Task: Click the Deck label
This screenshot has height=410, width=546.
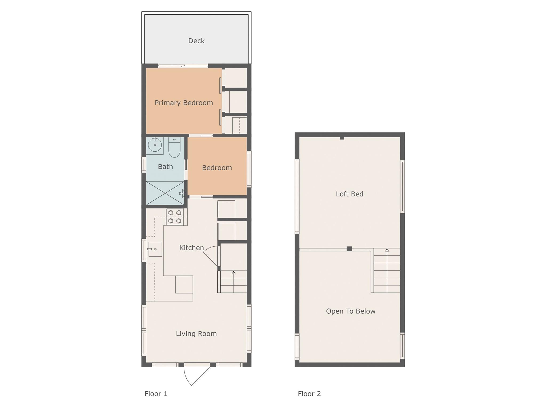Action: click(x=196, y=41)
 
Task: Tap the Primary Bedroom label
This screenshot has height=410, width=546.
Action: click(x=184, y=103)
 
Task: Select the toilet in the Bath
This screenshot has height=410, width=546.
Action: click(x=174, y=147)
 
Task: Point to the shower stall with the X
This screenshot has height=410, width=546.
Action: click(x=165, y=193)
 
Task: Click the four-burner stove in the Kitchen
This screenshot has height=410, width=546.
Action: click(x=175, y=217)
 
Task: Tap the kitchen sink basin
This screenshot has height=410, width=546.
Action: click(x=155, y=249)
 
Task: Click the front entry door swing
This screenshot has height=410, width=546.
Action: click(x=197, y=376)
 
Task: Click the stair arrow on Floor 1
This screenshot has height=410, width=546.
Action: click(x=234, y=282)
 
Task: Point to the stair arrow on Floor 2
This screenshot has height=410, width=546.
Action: click(x=387, y=270)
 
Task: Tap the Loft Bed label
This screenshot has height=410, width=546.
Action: click(x=350, y=194)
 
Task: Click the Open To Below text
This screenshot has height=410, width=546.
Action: click(x=351, y=311)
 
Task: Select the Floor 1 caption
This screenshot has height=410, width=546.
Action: click(x=156, y=394)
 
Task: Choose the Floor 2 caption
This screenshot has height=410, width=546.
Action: click(x=309, y=394)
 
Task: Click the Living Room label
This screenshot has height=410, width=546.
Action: click(x=196, y=334)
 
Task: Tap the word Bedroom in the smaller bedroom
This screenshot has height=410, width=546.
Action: click(x=217, y=168)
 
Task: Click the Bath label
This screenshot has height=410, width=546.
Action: click(x=165, y=167)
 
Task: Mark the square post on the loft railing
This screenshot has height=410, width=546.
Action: click(x=349, y=249)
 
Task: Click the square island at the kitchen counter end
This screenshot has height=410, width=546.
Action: click(x=184, y=285)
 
